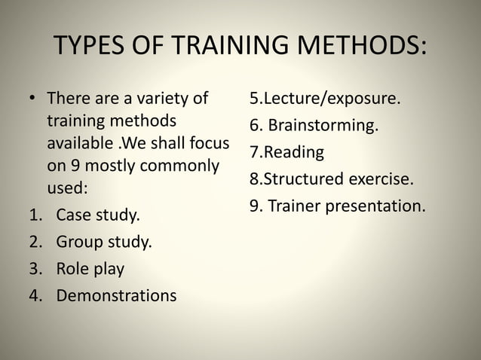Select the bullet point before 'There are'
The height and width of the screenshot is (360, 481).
coord(33,100)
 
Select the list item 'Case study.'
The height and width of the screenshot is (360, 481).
coord(98,217)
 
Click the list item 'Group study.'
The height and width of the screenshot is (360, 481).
coord(103,243)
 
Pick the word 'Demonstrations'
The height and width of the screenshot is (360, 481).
coord(116,295)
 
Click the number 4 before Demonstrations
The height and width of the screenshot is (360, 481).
coord(35,295)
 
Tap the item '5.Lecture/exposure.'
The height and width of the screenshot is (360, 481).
coord(325,99)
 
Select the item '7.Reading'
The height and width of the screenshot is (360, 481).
coord(286,152)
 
